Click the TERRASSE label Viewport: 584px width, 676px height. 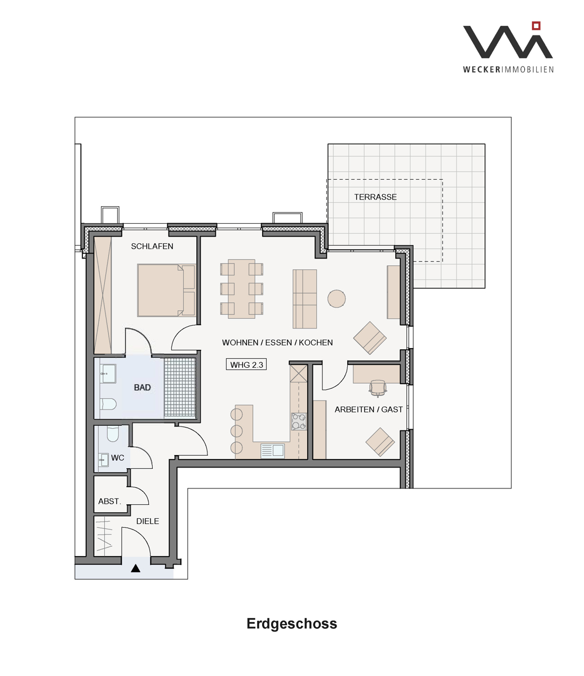[375, 197]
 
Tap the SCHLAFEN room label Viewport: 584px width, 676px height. [152, 246]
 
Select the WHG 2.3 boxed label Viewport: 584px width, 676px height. [246, 364]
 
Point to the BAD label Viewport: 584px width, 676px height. [143, 388]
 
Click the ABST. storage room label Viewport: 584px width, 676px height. [110, 501]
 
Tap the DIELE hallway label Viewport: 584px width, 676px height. [148, 521]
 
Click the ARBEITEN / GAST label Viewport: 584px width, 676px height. [369, 410]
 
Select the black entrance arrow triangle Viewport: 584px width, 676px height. [135, 568]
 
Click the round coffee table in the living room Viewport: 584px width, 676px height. [337, 299]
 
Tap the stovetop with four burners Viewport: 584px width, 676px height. [299, 421]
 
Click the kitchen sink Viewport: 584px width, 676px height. [272, 451]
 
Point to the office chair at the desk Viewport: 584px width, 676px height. [378, 389]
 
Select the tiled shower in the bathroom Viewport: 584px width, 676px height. [180, 388]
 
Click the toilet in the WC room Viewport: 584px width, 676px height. [113, 434]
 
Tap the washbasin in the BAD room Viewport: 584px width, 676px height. [108, 373]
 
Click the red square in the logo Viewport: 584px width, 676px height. [536, 26]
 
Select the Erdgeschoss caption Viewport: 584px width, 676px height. [291, 624]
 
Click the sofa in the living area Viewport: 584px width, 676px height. [305, 299]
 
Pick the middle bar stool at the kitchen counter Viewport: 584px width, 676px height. [236, 431]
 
